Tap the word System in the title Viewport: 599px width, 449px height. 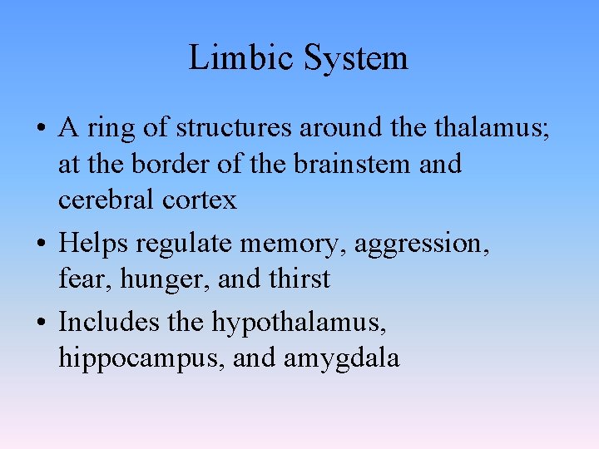(355, 58)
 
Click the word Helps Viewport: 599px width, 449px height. (93, 244)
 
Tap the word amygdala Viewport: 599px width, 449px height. (341, 358)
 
